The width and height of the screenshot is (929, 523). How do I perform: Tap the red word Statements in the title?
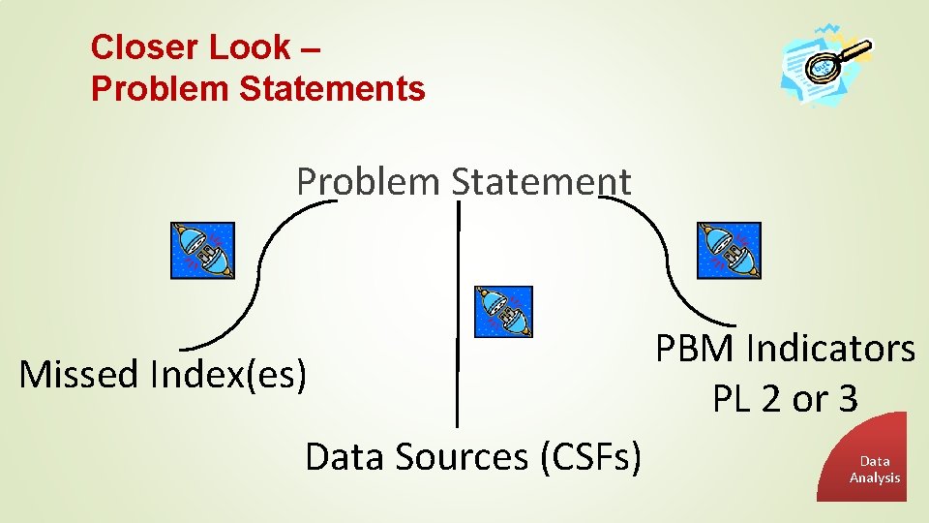pyautogui.click(x=332, y=89)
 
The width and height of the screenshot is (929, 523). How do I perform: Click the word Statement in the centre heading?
pyautogui.click(x=541, y=181)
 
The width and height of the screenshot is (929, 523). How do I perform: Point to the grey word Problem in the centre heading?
pyautogui.click(x=369, y=181)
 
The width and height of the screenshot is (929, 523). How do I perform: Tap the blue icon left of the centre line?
pyautogui.click(x=201, y=251)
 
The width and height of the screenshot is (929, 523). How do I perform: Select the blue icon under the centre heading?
pyautogui.click(x=502, y=312)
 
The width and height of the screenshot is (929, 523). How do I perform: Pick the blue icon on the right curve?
pyautogui.click(x=729, y=251)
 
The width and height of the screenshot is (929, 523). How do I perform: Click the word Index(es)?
pyautogui.click(x=226, y=375)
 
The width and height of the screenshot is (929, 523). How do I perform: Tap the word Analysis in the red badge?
pyautogui.click(x=875, y=477)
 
